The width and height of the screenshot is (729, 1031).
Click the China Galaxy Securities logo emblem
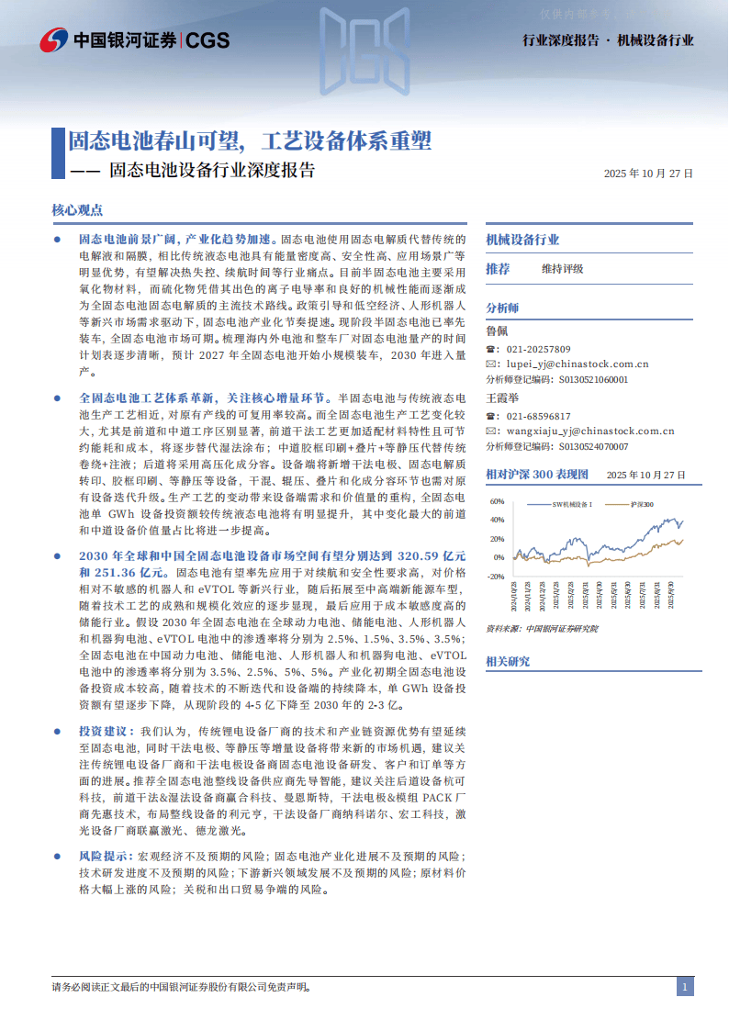[x=54, y=39]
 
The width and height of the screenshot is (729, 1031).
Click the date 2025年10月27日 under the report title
[x=648, y=173]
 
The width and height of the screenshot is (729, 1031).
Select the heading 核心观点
[x=77, y=209]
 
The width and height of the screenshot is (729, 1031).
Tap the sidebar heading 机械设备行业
[x=522, y=240]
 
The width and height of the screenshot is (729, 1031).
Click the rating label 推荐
[x=498, y=269]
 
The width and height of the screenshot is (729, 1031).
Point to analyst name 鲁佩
[x=496, y=331]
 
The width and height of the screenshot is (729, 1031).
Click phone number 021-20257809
[x=539, y=349]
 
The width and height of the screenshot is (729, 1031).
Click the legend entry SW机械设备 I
[x=585, y=504]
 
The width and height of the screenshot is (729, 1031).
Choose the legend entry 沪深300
[x=643, y=504]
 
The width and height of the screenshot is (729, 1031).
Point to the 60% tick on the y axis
[x=497, y=502]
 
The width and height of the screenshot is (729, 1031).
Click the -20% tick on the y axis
[x=495, y=577]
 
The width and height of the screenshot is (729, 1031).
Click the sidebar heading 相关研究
[x=508, y=661]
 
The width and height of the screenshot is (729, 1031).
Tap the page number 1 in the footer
[x=684, y=987]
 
